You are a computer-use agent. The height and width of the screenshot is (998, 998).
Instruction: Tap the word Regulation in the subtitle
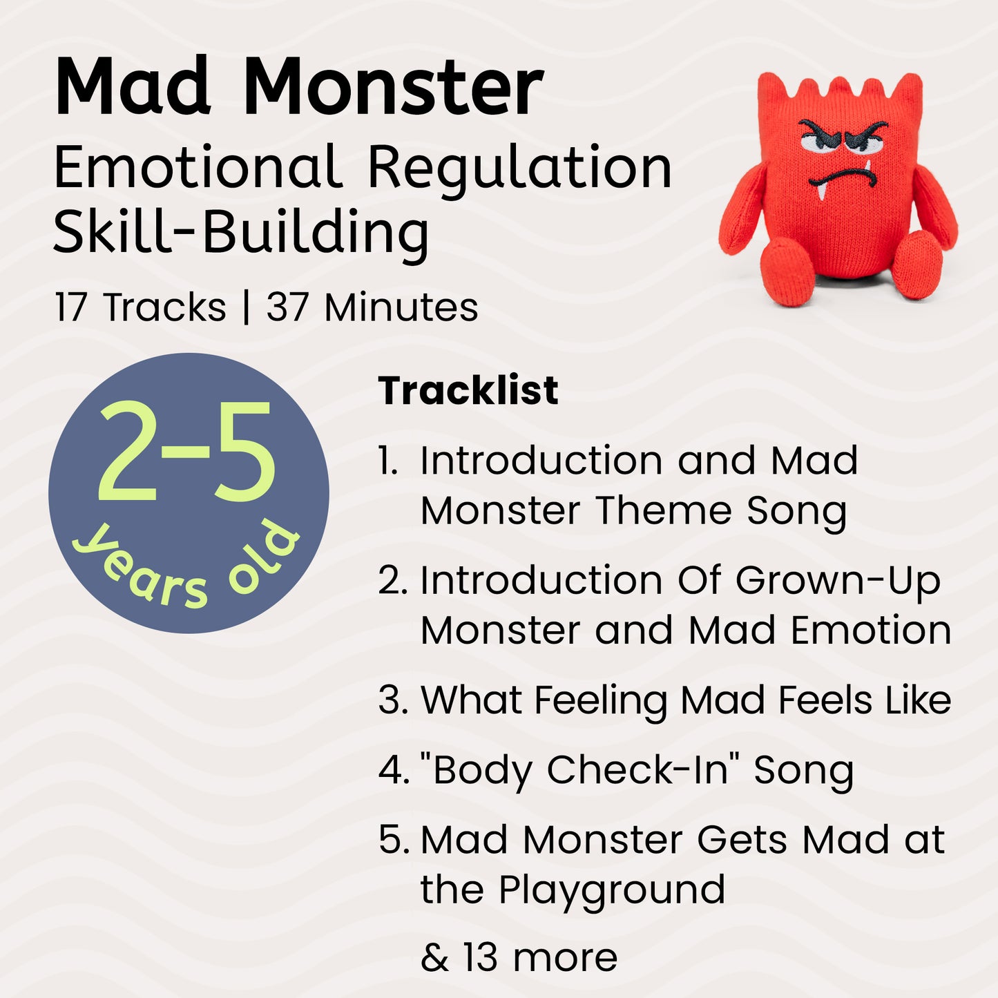[x=519, y=168]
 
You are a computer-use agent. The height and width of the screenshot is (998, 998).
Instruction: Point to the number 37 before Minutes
[x=287, y=307]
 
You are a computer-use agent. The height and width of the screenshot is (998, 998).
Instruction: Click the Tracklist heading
[x=468, y=391]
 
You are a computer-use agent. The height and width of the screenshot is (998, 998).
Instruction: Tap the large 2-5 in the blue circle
[x=186, y=452]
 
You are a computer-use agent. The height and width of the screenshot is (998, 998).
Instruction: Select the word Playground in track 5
[x=611, y=890]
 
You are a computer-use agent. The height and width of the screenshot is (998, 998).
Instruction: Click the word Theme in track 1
[x=663, y=511]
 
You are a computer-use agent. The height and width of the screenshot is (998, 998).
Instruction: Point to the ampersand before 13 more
[x=434, y=958]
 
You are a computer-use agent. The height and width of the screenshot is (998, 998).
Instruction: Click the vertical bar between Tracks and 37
[x=246, y=307]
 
